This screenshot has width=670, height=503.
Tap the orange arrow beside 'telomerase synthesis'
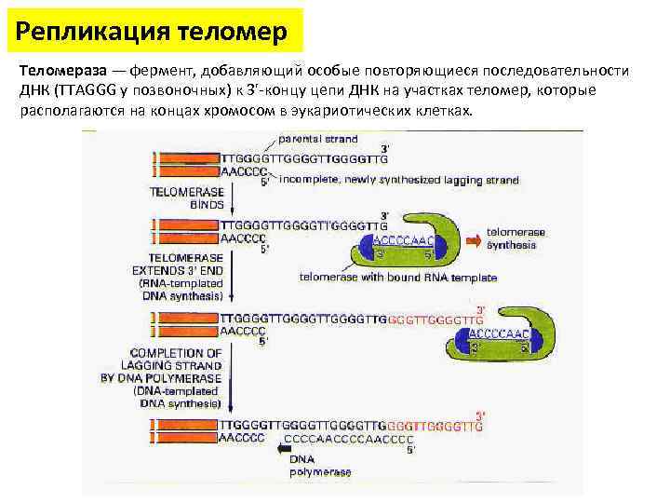pyautogui.click(x=475, y=239)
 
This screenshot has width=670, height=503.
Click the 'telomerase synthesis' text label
pyautogui.click(x=516, y=238)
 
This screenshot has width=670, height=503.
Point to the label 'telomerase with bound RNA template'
pyautogui.click(x=398, y=278)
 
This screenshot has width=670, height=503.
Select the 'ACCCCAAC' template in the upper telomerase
pyautogui.click(x=398, y=238)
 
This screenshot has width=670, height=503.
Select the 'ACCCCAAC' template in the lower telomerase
pyautogui.click(x=500, y=333)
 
